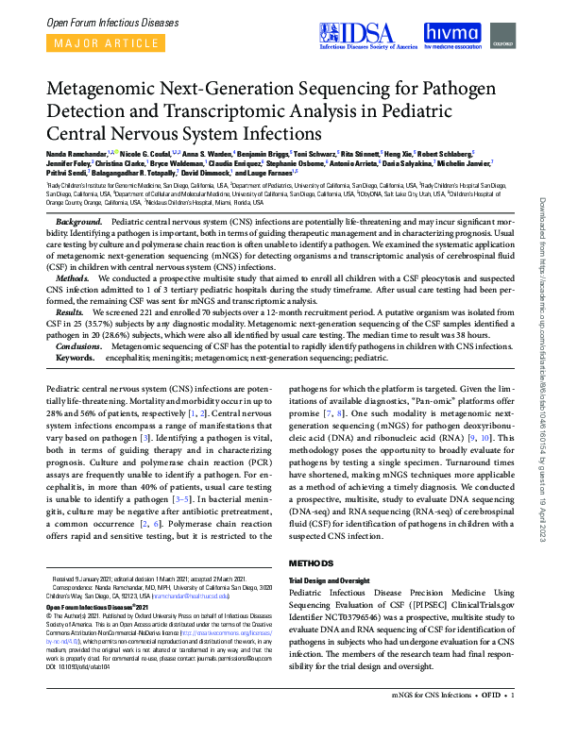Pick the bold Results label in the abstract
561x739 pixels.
click(71, 311)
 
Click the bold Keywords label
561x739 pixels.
click(76, 359)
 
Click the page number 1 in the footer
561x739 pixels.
click(512, 722)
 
